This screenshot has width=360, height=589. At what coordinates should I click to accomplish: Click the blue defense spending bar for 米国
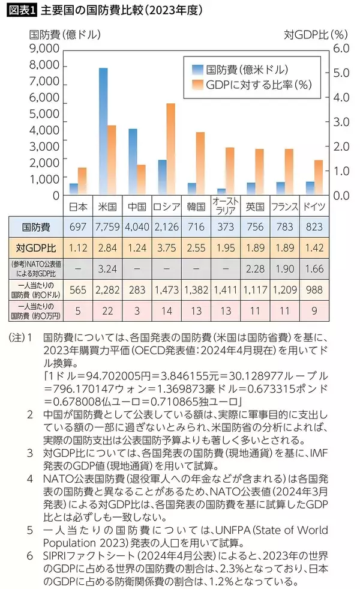103,131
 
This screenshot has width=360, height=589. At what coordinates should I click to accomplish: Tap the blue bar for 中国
133,162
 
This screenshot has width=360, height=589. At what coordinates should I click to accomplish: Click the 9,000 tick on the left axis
44,49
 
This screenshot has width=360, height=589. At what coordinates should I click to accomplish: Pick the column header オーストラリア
226,206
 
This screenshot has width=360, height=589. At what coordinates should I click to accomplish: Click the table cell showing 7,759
108,228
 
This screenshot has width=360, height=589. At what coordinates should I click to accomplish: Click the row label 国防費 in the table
35,228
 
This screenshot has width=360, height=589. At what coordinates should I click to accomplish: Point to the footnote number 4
30,478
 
